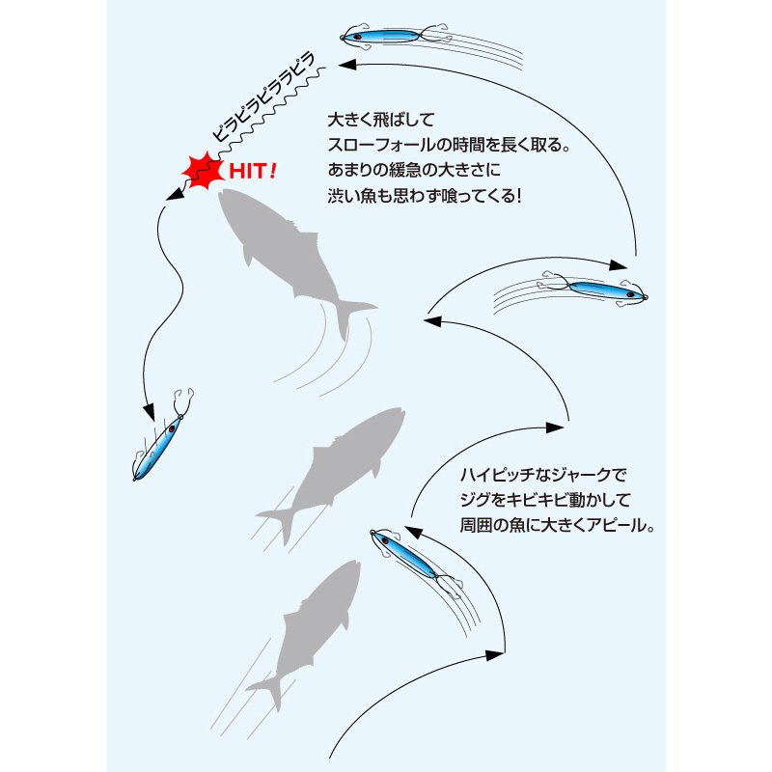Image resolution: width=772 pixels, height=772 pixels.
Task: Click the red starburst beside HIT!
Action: click(203, 171)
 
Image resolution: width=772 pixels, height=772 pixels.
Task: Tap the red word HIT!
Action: click(253, 171)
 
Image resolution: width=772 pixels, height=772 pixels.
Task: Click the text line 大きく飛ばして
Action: click(381, 120)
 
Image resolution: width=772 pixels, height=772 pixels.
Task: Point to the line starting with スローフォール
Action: click(449, 145)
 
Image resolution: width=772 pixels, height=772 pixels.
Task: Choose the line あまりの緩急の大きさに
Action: click(414, 171)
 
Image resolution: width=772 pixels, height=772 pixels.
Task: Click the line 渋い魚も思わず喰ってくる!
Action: click(424, 196)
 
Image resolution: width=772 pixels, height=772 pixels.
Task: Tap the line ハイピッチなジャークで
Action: click(543, 475)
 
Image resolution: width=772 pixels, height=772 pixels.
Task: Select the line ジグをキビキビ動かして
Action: click(545, 500)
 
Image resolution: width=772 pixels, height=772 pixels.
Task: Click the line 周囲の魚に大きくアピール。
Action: click(557, 525)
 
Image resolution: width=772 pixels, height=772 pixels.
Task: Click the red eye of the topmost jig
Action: click(358, 37)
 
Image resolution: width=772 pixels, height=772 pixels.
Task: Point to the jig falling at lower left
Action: click(163, 437)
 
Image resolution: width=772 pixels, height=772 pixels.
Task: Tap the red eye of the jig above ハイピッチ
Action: click(385, 541)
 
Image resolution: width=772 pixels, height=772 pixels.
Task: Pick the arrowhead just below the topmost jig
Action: click(347, 65)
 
